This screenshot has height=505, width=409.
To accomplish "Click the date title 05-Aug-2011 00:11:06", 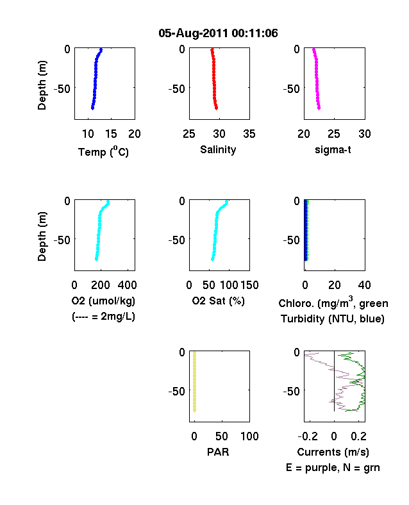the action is click(218, 33).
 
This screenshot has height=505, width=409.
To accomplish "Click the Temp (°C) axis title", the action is click(103, 151).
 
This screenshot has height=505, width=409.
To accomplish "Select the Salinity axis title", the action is click(218, 149).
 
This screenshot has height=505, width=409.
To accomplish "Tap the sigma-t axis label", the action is click(333, 150).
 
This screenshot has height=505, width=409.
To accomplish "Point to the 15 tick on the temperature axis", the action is click(111, 134).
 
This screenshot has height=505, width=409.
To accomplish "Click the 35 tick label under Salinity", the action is click(249, 134).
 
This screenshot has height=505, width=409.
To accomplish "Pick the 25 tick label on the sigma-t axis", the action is click(333, 134).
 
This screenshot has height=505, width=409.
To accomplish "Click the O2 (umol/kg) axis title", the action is click(103, 301).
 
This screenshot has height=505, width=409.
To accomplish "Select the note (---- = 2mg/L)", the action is click(103, 317).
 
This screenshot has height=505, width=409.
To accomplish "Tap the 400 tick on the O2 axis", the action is click(127, 285).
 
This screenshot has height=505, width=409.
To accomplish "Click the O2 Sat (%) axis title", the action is click(219, 301).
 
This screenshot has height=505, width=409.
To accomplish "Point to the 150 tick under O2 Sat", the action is click(249, 285).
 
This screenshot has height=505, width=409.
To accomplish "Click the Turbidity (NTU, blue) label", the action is click(333, 319).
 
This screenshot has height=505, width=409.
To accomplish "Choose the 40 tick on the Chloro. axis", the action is click(364, 285).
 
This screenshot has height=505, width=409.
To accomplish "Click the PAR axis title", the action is click(218, 452).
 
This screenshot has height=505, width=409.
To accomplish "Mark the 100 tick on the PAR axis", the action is click(249, 436).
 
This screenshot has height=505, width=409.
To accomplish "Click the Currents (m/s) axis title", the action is click(333, 452).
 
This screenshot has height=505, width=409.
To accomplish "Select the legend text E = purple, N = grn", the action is click(333, 468).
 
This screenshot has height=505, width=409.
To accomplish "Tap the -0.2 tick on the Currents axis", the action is click(308, 436).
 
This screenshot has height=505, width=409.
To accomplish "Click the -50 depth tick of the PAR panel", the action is click(177, 392).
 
